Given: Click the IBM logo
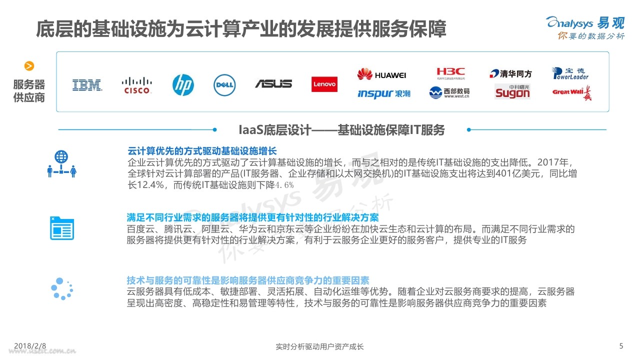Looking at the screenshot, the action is coord(87,85).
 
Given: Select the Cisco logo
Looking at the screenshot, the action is coord(137,85).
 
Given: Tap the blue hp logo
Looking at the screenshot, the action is coord(183,85).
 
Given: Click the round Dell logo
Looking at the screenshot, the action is coord(224,85).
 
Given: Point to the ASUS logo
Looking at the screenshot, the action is coord(273,84).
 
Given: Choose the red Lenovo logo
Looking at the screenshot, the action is coord(324,84).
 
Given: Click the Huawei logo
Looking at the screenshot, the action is coord(382,74).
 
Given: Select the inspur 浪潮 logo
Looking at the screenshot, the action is coord(383,93).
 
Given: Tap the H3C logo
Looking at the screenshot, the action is coord(450,73).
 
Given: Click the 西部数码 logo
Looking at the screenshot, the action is coord(449,92).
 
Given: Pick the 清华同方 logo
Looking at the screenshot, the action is coord(510,74).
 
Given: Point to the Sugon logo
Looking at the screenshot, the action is coord(512,92).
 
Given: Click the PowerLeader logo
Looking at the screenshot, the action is coord(570,73).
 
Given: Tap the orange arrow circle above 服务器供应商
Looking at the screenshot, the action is coord(29,66).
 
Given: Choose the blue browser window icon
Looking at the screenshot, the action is coord(61,228).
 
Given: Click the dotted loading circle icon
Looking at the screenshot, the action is coord(62,288).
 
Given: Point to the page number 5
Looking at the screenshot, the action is coord(621,345).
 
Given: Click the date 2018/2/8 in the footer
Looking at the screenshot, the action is coord(30,346).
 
